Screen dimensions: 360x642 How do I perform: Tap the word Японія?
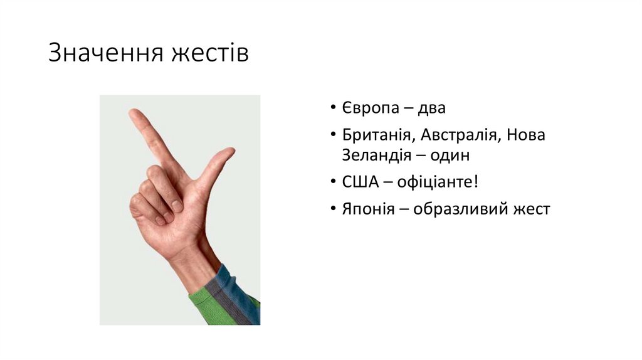tap(368, 209)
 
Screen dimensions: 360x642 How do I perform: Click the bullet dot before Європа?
tap(333, 109)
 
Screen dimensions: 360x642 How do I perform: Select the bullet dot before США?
tap(333, 183)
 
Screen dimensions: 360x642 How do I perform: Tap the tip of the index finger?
tap(134, 114)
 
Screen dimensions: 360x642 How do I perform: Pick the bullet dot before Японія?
tap(333, 209)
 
